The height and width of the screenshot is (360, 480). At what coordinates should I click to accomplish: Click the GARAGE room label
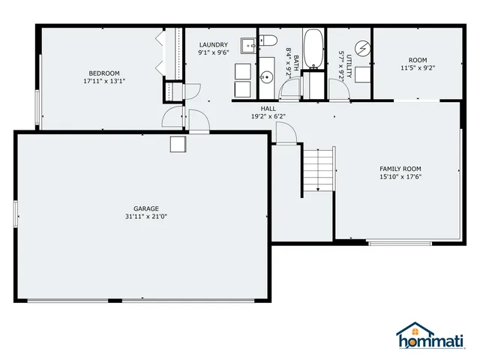[x=146, y=208]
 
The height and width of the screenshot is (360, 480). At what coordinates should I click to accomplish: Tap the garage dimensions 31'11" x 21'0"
[x=146, y=217]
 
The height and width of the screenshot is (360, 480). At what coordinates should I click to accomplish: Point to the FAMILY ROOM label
[x=400, y=169]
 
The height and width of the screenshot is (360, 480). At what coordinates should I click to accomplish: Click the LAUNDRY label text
[x=213, y=44]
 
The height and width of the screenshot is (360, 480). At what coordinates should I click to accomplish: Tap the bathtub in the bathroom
[x=313, y=49]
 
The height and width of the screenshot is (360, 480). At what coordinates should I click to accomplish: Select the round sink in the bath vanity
[x=267, y=76]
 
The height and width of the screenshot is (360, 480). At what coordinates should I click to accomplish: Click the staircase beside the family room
[x=318, y=170]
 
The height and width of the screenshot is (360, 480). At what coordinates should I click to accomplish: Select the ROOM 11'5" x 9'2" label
[x=417, y=64]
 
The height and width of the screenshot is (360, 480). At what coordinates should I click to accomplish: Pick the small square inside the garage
[x=178, y=144]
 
